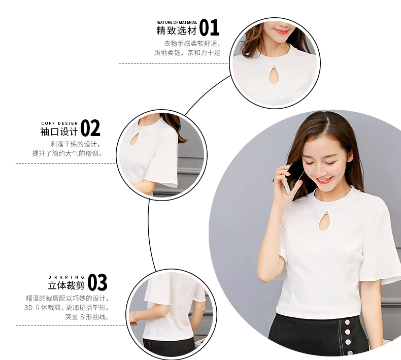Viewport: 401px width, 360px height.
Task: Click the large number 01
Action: pos(209,27)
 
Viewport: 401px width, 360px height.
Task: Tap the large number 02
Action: pos(90,128)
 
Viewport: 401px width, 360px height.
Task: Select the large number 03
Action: pos(97,282)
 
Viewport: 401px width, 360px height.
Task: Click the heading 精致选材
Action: pos(177,30)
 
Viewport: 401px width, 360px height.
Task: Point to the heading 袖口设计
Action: pos(59,132)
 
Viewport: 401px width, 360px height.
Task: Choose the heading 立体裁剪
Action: pos(66,285)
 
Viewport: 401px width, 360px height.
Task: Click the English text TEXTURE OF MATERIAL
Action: pos(177,22)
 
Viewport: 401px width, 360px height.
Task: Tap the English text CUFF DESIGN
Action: pos(59,123)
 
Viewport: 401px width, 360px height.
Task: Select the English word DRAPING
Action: pos(66,277)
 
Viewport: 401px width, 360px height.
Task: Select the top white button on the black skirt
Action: pos(348,322)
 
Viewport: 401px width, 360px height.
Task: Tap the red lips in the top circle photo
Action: pos(281,31)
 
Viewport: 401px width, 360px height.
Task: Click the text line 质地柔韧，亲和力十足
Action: pos(187,53)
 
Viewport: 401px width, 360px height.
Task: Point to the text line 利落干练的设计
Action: pos(75,144)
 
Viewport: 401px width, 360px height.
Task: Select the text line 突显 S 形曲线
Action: pos(87,317)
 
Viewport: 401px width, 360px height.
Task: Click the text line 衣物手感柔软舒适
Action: pos(192,44)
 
